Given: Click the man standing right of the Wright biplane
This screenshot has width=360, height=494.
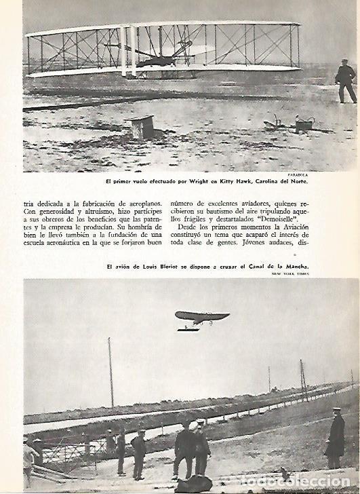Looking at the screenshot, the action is [x=346, y=80].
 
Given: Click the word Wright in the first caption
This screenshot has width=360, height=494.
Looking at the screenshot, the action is [x=203, y=180].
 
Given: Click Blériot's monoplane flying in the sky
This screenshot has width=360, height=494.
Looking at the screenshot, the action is [x=201, y=317].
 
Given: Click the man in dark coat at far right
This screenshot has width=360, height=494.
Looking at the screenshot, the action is [x=335, y=440].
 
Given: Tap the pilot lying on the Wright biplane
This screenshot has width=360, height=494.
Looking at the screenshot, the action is [x=157, y=61].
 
